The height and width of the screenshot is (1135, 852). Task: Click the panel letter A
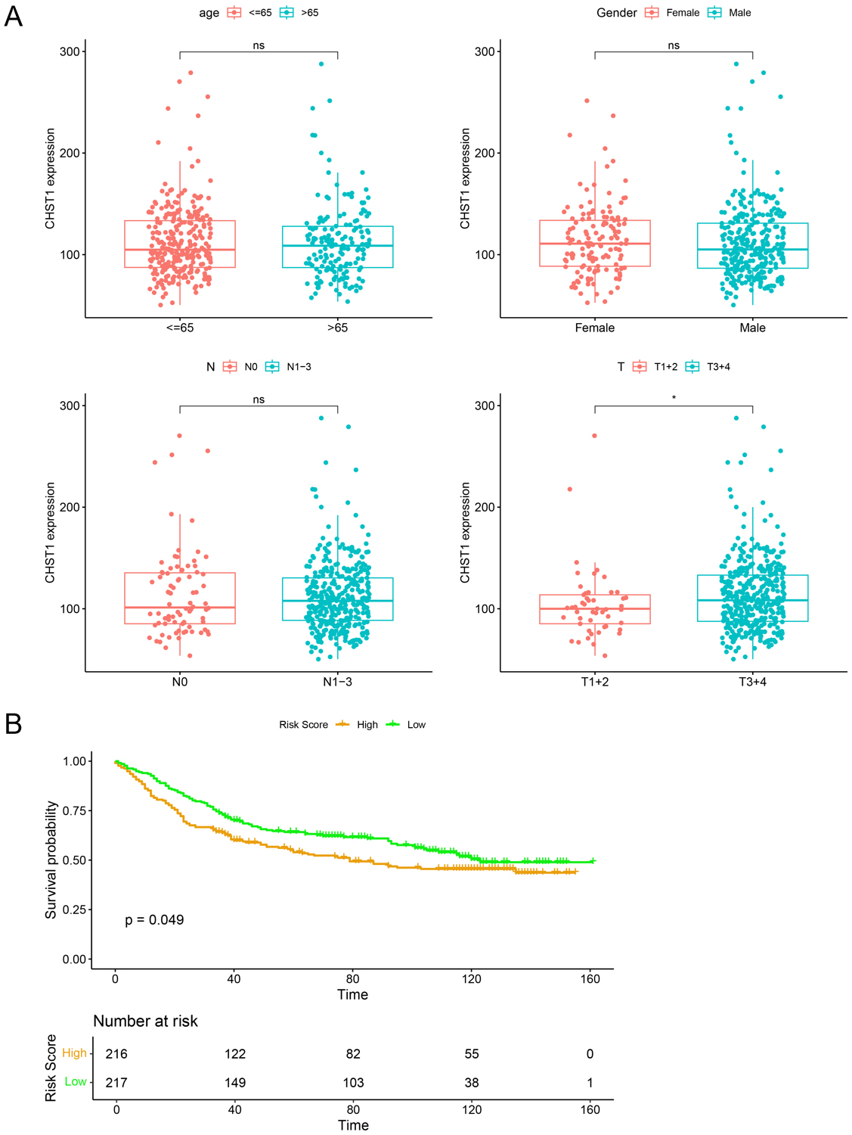[14, 16]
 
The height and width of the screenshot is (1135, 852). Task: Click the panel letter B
[14, 724]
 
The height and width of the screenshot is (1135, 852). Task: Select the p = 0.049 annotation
[154, 920]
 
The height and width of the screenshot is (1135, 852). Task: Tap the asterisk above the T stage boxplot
[674, 398]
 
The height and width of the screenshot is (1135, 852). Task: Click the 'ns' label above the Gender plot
[674, 45]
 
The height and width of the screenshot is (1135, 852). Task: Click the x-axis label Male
[752, 328]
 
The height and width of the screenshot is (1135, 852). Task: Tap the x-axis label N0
[180, 682]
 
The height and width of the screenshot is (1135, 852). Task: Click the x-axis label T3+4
[752, 682]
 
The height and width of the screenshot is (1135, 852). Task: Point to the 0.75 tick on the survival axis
[76, 810]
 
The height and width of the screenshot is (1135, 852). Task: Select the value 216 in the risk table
[116, 1054]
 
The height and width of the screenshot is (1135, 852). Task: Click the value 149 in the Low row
[235, 1083]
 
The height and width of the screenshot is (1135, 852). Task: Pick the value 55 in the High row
[472, 1054]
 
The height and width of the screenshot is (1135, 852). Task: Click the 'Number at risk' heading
[145, 1022]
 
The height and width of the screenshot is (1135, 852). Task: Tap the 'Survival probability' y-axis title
[51, 860]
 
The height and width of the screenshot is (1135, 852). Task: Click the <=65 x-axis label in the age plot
[180, 328]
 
